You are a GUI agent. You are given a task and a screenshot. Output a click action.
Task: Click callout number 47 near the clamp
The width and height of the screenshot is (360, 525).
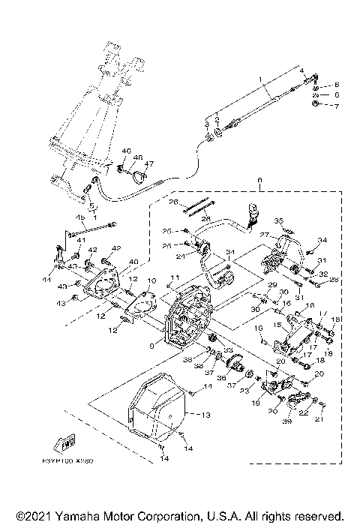click(148, 164)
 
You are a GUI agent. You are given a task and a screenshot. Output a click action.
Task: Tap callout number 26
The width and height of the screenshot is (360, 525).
click(172, 202)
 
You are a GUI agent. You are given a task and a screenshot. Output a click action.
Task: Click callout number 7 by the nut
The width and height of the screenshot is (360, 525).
click(337, 106)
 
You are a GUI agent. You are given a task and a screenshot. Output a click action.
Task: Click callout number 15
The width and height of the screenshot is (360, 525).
click(276, 325)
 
